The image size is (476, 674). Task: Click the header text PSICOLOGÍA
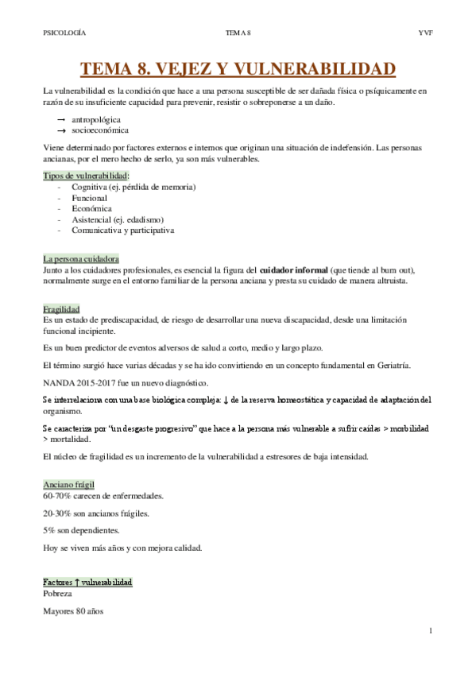64,33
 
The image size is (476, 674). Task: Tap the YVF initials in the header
425,33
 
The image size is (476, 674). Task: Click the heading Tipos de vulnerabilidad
86,175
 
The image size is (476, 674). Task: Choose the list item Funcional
89,197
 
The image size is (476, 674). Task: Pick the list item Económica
91,208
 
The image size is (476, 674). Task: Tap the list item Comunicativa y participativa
122,230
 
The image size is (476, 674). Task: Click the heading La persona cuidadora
81,259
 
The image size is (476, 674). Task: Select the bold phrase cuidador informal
293,270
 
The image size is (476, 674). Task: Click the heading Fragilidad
61,308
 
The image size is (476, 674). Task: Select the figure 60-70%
57,495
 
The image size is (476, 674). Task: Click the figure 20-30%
57,513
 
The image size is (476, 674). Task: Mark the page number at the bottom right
429,632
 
